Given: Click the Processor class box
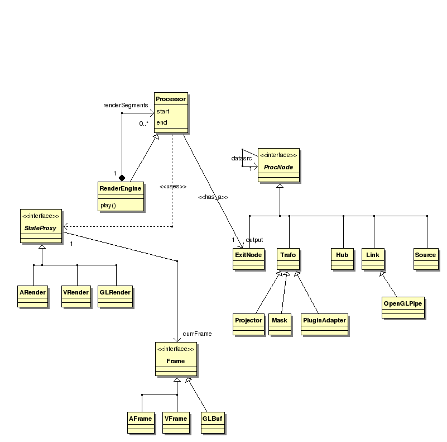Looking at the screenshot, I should tap(171, 112).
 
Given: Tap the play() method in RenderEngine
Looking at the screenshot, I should tap(108, 205).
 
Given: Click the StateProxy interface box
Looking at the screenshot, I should tap(41, 227).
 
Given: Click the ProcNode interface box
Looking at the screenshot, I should tap(278, 165).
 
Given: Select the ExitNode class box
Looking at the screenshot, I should tap(248, 259).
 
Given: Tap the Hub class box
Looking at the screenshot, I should tap(342, 259).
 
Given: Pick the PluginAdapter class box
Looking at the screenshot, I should tap(324, 324).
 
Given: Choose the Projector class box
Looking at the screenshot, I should tap(248, 324).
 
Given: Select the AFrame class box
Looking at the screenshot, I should tap(141, 422).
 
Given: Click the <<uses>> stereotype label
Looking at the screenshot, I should tap(172, 186).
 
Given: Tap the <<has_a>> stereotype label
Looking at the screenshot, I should tap(213, 197).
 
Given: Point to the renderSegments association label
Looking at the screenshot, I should tap(126, 105).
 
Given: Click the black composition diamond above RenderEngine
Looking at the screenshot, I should tap(122, 177).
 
